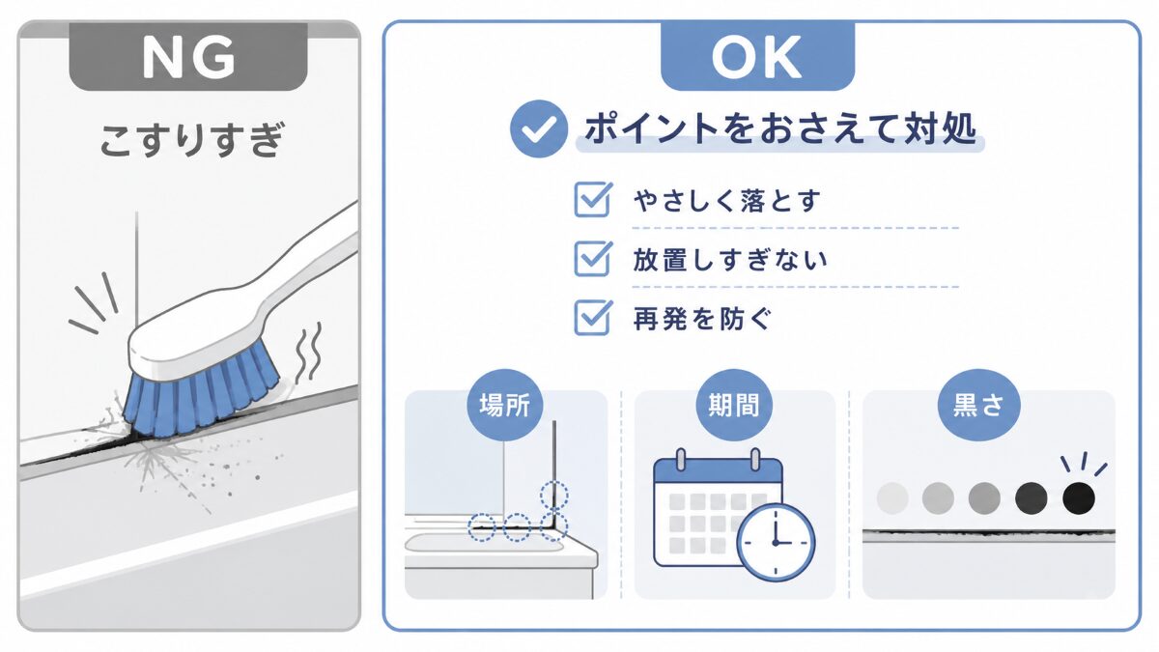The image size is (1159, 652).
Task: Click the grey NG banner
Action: tap(188, 56)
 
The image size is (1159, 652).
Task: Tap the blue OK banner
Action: tap(757, 56)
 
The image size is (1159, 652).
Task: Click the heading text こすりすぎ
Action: tap(192, 140)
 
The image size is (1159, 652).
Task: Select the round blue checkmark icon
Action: tap(539, 128)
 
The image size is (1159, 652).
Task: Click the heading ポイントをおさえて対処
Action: tap(780, 128)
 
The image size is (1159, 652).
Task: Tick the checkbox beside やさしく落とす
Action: tap(593, 199)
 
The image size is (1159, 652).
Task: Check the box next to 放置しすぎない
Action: tap(593, 258)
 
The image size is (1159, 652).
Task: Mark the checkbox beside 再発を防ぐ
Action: tap(593, 317)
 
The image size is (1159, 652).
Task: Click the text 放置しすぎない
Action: tap(730, 260)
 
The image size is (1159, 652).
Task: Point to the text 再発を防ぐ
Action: tap(702, 319)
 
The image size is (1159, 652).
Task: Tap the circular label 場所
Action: tap(505, 405)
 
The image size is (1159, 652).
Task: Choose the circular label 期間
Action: tap(734, 405)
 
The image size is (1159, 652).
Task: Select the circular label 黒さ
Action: tap(979, 405)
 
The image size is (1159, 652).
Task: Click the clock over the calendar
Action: tap(776, 542)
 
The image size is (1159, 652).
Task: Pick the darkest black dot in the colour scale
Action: tap(1079, 498)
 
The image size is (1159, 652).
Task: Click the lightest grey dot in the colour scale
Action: tap(892, 498)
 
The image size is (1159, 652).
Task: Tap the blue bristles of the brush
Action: tap(199, 396)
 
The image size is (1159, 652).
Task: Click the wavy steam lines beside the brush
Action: tap(308, 352)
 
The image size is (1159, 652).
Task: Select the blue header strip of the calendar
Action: tap(718, 471)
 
